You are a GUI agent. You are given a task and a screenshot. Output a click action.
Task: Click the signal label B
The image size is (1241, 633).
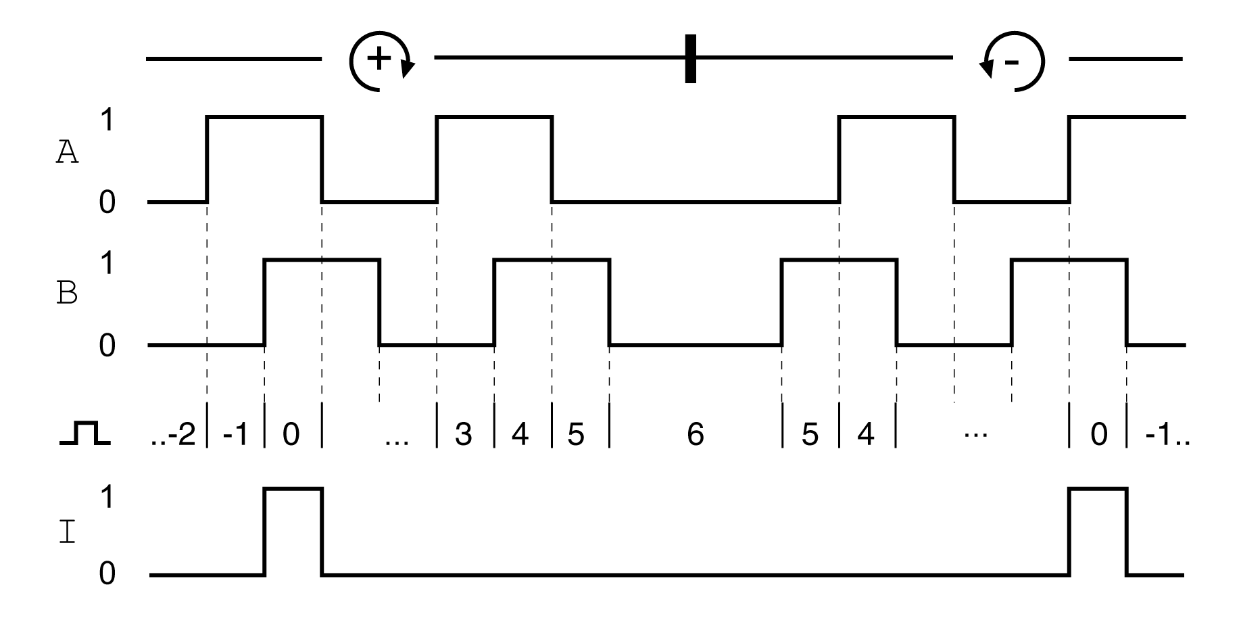tap(66, 294)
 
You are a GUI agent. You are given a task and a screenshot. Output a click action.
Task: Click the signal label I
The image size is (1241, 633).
tap(67, 533)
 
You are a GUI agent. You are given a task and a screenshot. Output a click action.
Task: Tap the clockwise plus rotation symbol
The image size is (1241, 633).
tap(380, 60)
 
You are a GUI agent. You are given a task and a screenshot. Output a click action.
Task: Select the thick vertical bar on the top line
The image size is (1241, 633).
tap(690, 58)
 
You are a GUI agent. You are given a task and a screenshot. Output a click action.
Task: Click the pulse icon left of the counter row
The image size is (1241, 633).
tap(84, 433)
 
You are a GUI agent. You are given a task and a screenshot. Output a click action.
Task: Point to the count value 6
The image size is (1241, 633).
tap(695, 433)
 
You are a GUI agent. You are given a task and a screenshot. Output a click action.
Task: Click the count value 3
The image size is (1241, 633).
tap(463, 433)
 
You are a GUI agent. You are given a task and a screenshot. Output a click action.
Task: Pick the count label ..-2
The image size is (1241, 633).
tap(173, 433)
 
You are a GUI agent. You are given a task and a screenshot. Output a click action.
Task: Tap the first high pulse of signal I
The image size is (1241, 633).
tap(293, 531)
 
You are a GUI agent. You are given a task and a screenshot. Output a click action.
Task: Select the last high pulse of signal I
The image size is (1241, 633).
tap(1098, 531)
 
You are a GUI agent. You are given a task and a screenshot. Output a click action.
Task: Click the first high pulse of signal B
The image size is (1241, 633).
tap(322, 301)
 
